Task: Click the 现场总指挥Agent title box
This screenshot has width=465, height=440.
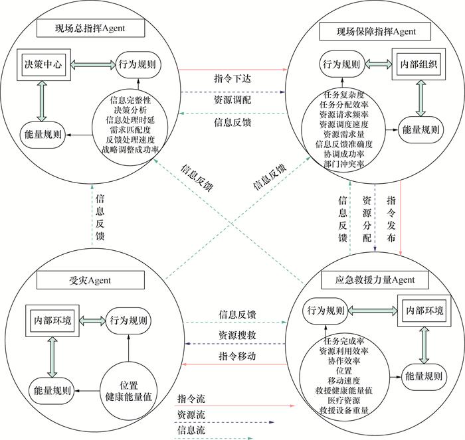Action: pos(90,28)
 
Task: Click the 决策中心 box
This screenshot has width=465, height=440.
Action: pos(39,66)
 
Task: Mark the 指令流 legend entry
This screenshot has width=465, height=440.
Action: pos(193,399)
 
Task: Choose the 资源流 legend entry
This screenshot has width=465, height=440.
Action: pos(193,415)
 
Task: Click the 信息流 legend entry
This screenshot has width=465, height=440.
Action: pos(193,431)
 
